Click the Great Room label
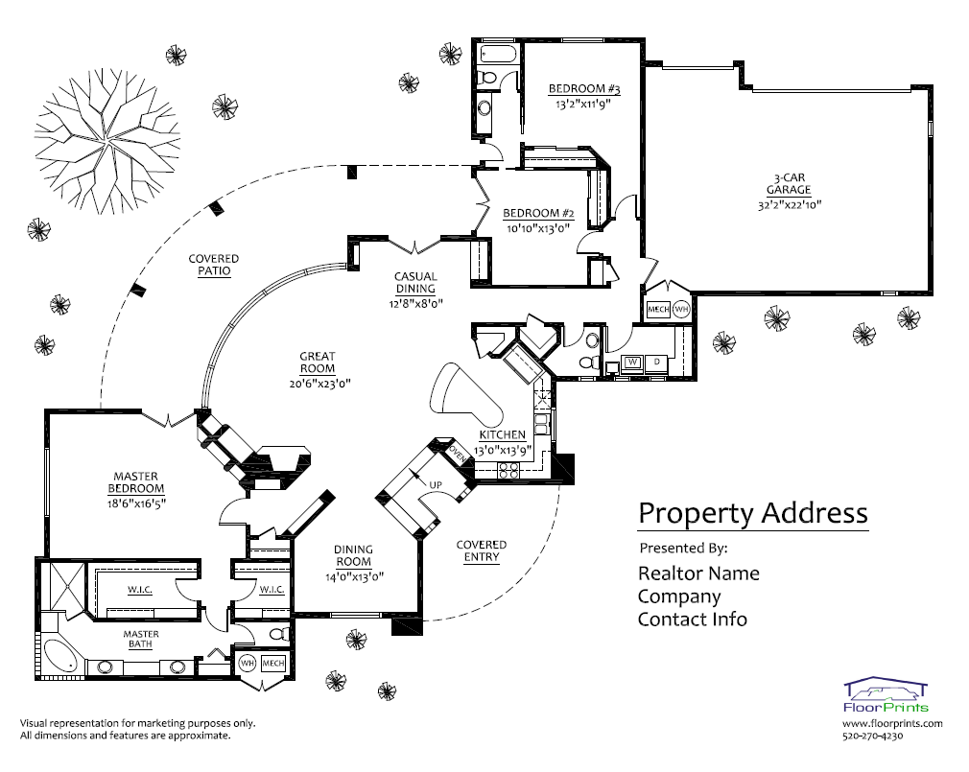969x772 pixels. click(x=317, y=363)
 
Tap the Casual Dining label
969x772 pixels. click(x=414, y=283)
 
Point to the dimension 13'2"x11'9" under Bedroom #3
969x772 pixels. click(x=583, y=104)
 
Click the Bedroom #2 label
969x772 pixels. click(x=538, y=213)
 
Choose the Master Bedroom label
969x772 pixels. click(x=135, y=482)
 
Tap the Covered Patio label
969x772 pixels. click(x=213, y=265)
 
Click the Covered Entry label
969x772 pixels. click(x=481, y=550)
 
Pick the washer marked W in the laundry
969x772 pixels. click(x=633, y=362)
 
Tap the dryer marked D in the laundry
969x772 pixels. click(x=656, y=362)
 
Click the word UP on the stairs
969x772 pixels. click(x=436, y=483)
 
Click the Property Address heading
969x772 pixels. click(x=752, y=513)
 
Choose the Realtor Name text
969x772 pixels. click(x=698, y=573)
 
